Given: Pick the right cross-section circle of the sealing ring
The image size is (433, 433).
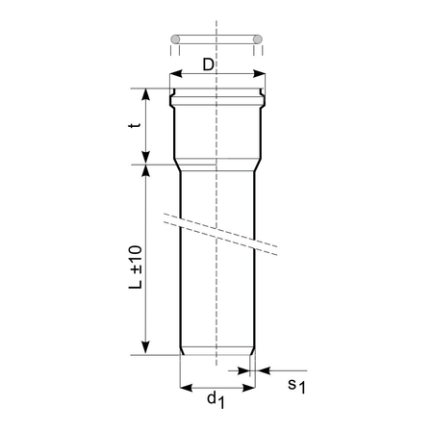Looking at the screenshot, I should coord(258,39).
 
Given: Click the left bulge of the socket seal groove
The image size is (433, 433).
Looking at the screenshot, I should coord(171,99).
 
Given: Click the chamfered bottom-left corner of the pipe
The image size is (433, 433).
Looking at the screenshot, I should coord(183,351).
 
